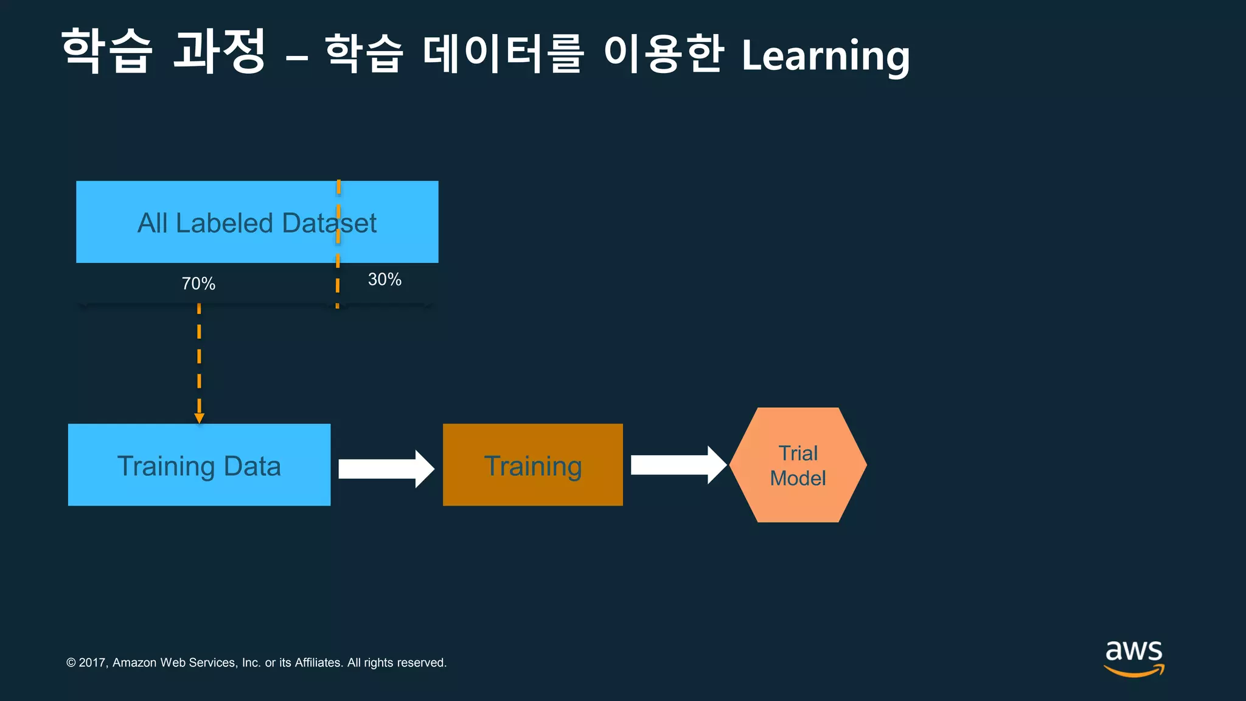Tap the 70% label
[198, 284]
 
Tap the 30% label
[385, 279]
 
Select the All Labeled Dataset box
[257, 222]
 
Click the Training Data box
[199, 465]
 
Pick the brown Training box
[532, 465]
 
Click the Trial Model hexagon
[798, 465]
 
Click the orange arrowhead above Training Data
[199, 418]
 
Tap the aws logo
[1133, 657]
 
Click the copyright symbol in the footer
[71, 663]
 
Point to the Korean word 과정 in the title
[219, 51]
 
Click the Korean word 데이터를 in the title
[503, 54]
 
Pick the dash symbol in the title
[296, 58]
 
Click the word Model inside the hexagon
[798, 478]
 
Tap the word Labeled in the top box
[224, 223]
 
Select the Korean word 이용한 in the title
[663, 54]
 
